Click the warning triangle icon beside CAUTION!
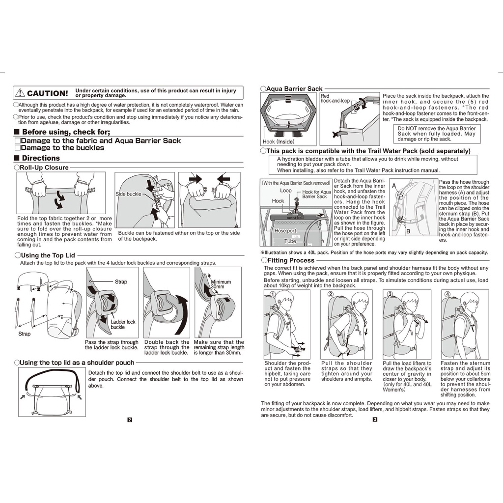(x=20, y=93)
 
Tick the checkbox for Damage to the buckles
(x=18, y=148)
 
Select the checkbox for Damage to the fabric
(x=18, y=140)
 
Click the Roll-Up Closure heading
(x=44, y=168)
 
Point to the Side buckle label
(x=128, y=194)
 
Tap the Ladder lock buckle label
(x=123, y=324)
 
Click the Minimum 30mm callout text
(x=221, y=284)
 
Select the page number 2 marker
(x=130, y=419)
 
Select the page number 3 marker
(x=375, y=419)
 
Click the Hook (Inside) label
(x=278, y=141)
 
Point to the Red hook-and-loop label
(x=335, y=98)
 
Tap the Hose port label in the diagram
(x=285, y=231)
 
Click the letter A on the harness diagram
(x=394, y=186)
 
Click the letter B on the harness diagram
(x=408, y=231)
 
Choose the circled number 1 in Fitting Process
(x=272, y=294)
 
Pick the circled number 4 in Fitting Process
(x=447, y=294)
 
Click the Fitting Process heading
(x=291, y=260)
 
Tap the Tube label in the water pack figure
(x=290, y=241)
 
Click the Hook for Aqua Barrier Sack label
(x=316, y=194)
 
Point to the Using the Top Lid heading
(x=48, y=255)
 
